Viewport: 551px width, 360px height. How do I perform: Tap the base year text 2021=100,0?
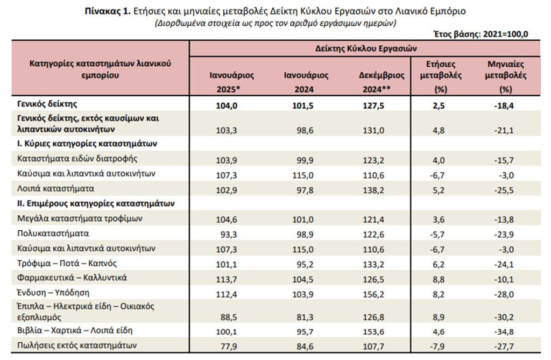506,34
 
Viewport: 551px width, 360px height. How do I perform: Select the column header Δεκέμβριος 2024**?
382,82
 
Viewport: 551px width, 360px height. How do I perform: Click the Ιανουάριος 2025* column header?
231,82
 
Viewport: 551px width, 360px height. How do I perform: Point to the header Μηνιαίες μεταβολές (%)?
506,76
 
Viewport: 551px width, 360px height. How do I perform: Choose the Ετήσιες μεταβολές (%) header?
441,76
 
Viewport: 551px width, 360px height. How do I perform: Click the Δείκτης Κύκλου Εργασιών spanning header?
366,48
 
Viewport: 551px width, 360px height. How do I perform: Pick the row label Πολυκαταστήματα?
53,234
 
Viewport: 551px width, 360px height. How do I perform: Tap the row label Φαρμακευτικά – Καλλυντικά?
72,278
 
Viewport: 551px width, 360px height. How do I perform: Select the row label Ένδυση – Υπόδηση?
53,293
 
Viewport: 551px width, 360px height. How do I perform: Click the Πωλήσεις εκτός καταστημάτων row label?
77,345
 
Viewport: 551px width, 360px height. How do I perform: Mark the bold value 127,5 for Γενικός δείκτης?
373,106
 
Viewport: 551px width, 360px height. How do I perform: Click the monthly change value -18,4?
504,106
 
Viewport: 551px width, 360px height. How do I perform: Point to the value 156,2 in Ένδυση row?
373,294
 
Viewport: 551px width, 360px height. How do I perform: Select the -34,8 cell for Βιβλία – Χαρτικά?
504,331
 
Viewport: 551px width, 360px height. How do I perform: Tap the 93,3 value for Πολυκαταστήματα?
228,235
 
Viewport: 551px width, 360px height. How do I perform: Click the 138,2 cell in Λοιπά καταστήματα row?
373,190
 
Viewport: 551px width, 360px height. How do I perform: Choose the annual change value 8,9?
439,317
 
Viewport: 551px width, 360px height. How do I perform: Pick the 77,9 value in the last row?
228,347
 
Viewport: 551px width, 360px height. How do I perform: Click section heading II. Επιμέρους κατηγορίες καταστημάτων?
96,203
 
